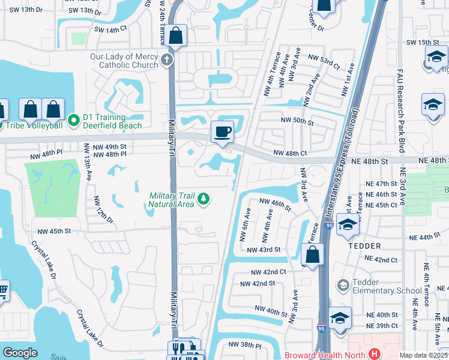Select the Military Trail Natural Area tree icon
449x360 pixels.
(204, 198)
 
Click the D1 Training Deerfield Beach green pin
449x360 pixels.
(74, 121)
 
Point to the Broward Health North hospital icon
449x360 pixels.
(375, 355)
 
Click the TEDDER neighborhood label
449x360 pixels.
(364, 246)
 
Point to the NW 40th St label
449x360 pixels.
(271, 311)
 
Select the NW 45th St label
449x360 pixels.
(54, 231)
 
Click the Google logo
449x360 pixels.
(20, 353)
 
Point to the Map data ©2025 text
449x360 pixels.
(423, 355)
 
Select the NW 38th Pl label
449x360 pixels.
(245, 346)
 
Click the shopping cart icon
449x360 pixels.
(3, 292)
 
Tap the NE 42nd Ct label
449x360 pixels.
(382, 260)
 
